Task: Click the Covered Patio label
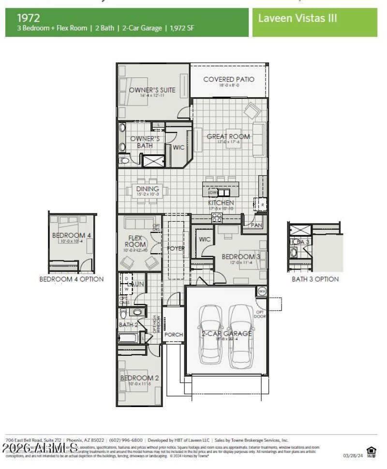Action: coord(229,79)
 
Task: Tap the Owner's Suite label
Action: coord(152,90)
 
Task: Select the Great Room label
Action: coord(228,136)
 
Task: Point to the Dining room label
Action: coord(148,189)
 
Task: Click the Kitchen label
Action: coord(221,203)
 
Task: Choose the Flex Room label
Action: coord(135,241)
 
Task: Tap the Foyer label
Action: coord(176,248)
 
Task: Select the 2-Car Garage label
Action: coord(227,333)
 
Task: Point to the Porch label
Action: coord(174,334)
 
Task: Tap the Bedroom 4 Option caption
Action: coord(72,279)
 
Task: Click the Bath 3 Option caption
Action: coord(315,279)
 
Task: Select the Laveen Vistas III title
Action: coord(298,18)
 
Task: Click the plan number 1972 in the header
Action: coord(29,18)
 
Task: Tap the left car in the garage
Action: coord(210,334)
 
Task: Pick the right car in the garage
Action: coord(241,334)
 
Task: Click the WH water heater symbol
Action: coord(262,291)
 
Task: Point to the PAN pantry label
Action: coord(256,225)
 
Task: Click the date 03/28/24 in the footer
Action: coord(352,455)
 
